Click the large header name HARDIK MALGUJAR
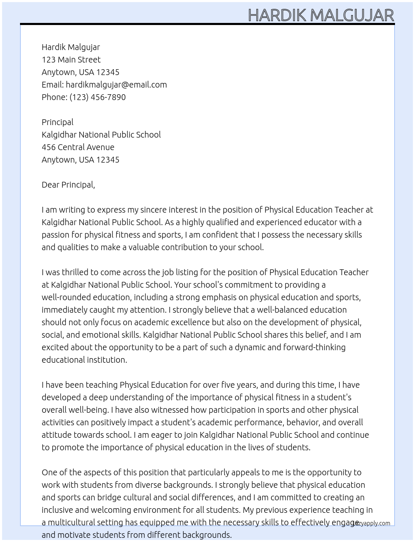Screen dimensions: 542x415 coord(321,15)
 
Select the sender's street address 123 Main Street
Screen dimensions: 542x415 coord(71,60)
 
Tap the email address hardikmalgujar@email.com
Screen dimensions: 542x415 coord(116,85)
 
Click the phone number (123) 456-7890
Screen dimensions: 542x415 coord(97,97)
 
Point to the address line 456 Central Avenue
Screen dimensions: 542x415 coord(78,147)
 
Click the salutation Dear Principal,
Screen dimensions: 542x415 coord(68,185)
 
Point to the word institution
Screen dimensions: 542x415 coord(106,360)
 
